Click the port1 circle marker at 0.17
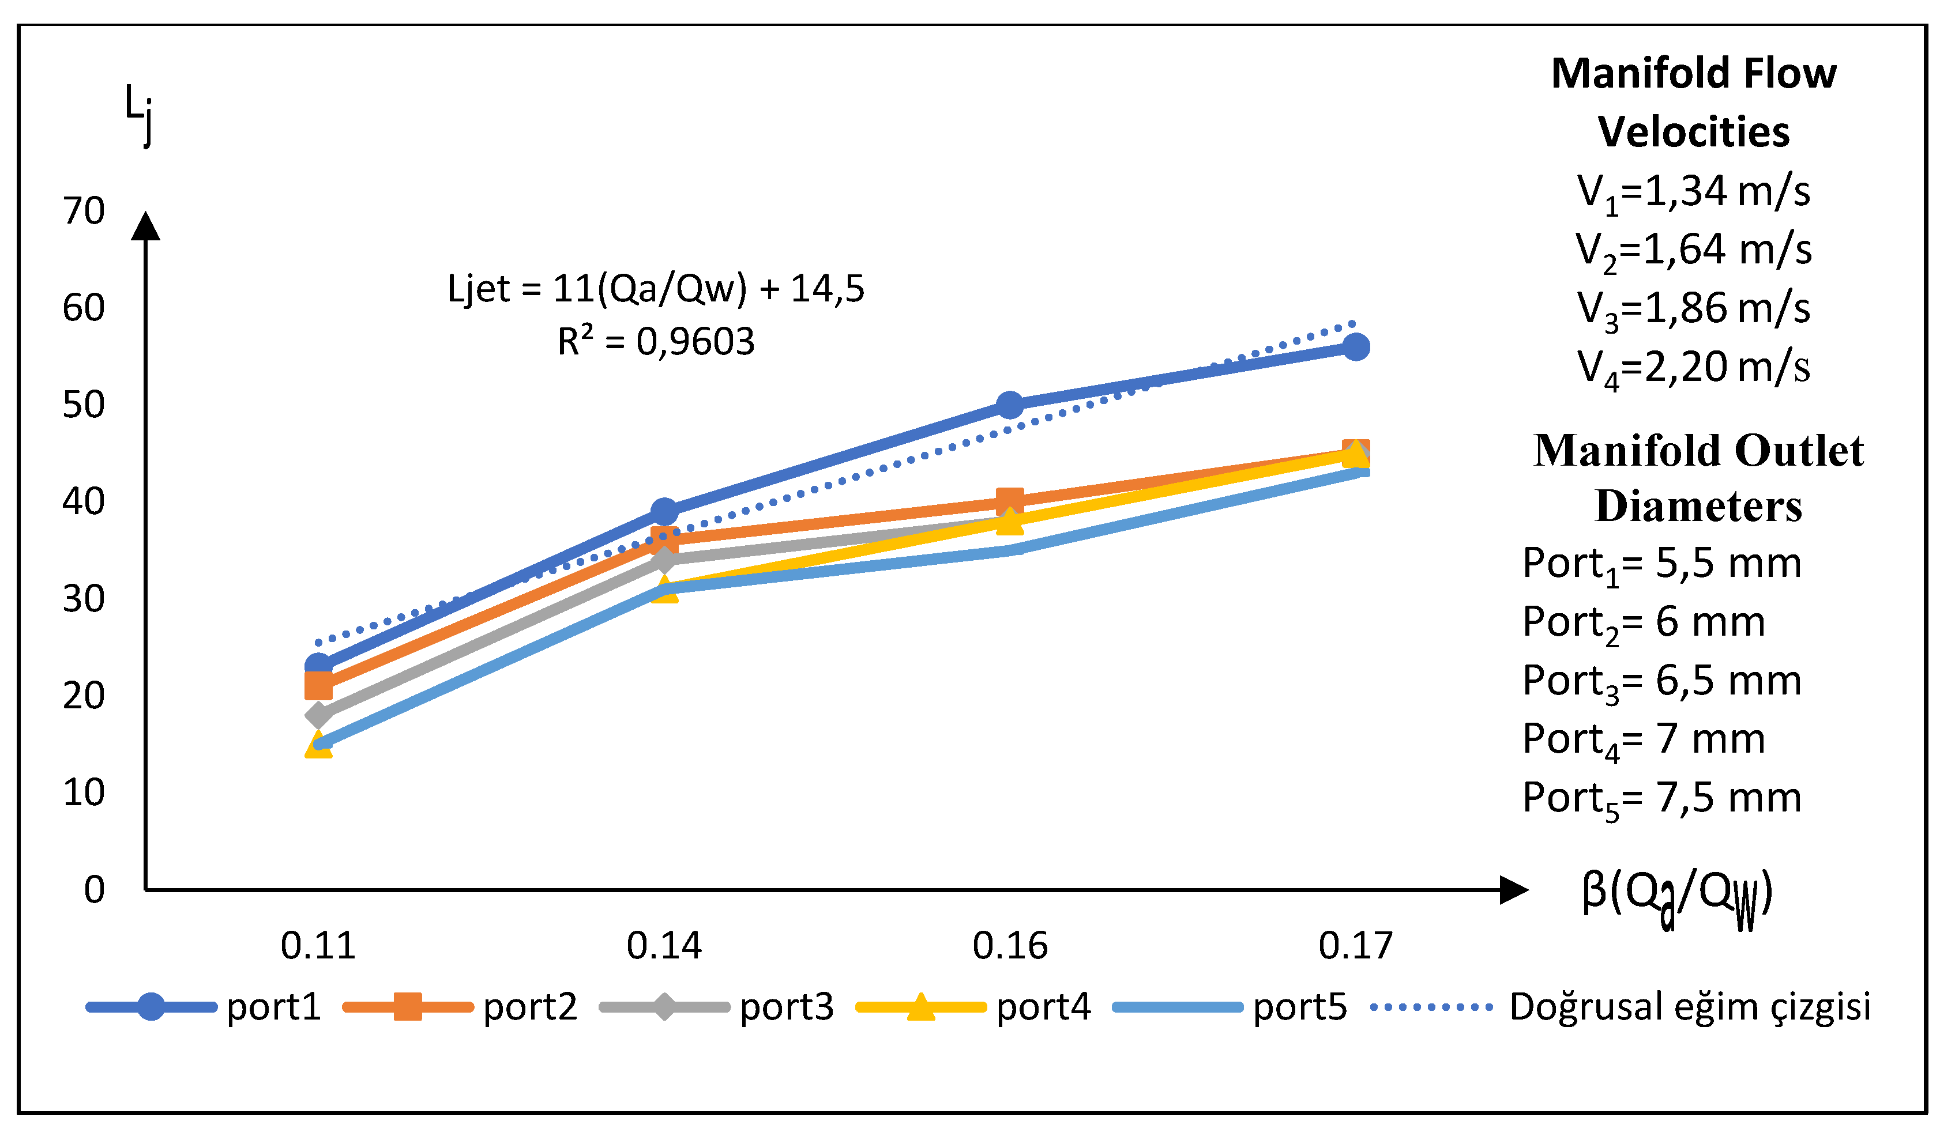click(1356, 347)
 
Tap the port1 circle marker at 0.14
click(664, 511)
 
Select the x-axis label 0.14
click(664, 946)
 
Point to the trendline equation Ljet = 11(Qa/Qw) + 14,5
click(656, 289)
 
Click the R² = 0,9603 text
click(656, 341)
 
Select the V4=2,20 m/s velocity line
click(1694, 367)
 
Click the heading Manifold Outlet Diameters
click(1698, 478)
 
